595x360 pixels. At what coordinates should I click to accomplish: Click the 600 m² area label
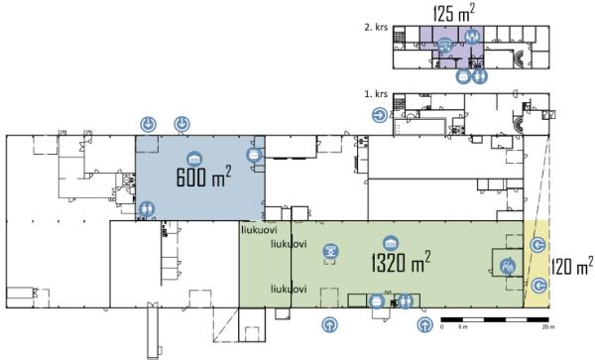coord(203,180)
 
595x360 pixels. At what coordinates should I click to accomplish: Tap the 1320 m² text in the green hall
coord(400,263)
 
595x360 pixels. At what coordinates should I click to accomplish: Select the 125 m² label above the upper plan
coord(454,12)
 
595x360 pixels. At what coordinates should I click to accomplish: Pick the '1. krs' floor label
coord(374,94)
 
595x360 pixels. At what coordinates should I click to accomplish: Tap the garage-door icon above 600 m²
coord(193,158)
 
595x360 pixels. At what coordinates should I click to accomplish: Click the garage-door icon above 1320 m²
coord(391,243)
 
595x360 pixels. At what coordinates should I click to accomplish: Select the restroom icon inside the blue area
coord(147,208)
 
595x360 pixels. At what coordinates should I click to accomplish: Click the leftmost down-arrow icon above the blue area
coord(147,124)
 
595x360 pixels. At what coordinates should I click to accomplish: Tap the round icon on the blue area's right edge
coord(253,155)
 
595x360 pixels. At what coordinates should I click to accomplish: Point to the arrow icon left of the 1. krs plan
coord(380,115)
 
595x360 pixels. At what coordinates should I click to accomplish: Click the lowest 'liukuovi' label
coord(289,289)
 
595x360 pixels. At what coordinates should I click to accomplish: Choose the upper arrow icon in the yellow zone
coord(539,245)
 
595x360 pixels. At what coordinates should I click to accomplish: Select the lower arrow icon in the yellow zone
coord(539,286)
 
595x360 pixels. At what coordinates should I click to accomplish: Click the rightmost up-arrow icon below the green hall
coord(424,323)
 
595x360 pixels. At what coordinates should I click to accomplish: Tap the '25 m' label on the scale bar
coord(547,328)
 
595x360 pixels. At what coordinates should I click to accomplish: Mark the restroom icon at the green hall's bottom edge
coord(405,301)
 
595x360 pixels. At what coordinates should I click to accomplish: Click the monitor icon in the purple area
coord(445,44)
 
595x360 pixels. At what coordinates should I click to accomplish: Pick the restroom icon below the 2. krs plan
coord(480,74)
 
